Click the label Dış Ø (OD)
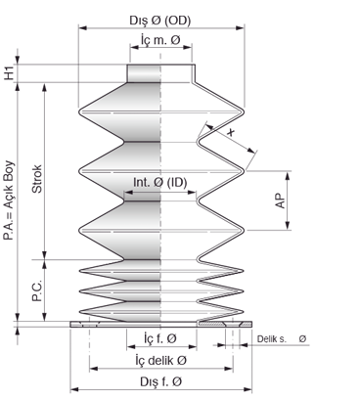(160, 21)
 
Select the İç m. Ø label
(160, 40)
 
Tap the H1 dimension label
(9, 72)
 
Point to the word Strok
(37, 179)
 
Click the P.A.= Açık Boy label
(9, 200)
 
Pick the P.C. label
(37, 290)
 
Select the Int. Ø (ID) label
(160, 183)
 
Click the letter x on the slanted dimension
(231, 132)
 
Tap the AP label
(281, 200)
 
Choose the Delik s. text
(272, 339)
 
